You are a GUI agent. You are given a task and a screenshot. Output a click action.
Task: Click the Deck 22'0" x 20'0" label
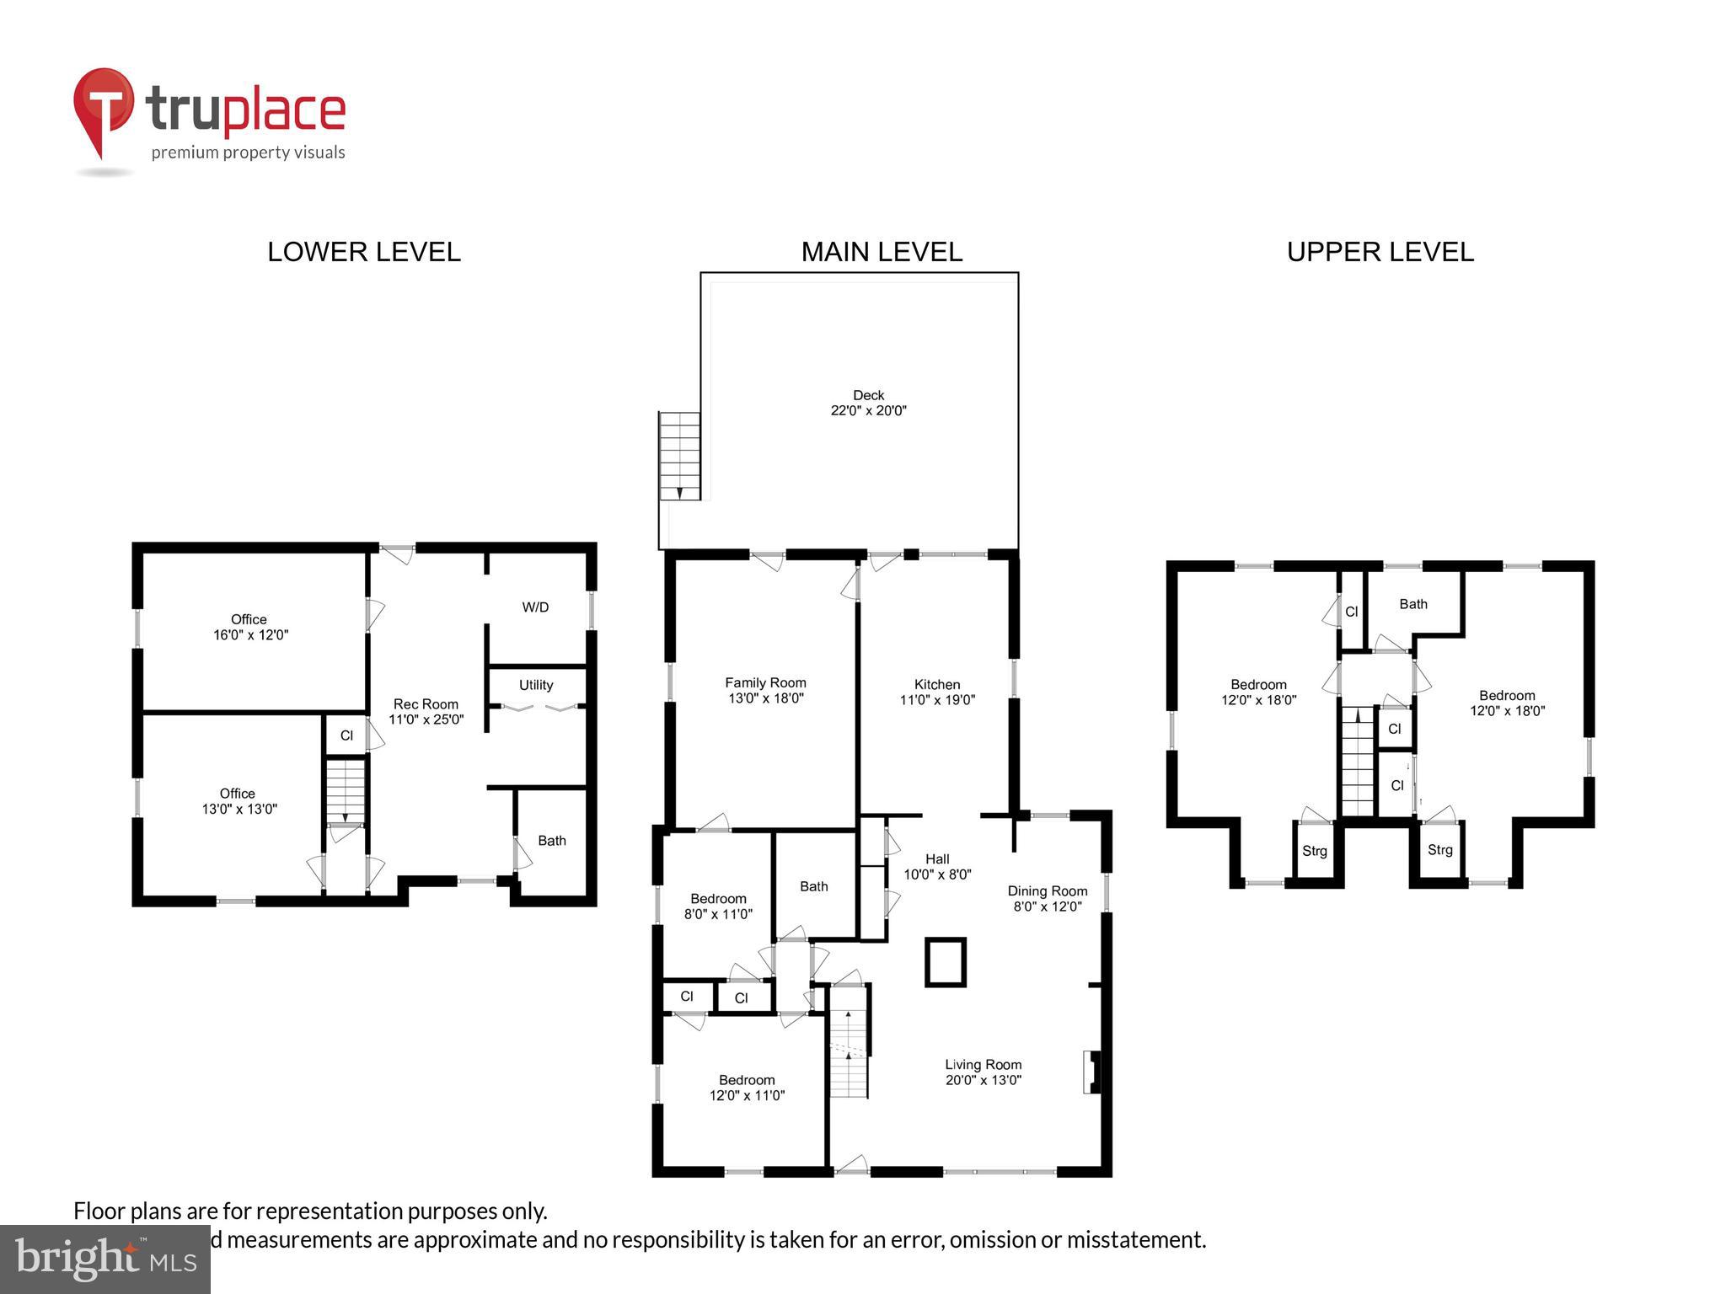(868, 403)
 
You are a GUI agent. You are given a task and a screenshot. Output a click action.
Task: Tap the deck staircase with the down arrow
(679, 456)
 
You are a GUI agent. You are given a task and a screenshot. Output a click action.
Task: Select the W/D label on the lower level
(535, 607)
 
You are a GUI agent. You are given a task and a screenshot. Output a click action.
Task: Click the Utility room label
(536, 685)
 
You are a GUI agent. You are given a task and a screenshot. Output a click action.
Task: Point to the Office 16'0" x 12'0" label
(250, 627)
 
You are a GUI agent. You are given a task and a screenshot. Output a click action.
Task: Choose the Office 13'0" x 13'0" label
(239, 801)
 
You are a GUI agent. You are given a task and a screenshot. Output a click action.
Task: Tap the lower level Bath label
(552, 841)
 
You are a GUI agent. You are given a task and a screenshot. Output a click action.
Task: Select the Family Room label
(765, 682)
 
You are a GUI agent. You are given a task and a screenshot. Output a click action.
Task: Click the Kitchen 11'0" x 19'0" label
(937, 692)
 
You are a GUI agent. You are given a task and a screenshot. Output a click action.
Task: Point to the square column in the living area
(946, 962)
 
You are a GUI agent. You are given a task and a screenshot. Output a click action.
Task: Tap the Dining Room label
(1048, 891)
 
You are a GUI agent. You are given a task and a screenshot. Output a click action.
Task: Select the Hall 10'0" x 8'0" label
(937, 867)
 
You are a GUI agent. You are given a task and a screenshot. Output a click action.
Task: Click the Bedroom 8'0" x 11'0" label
(718, 906)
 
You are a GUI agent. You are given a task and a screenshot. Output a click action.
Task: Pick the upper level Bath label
(1413, 604)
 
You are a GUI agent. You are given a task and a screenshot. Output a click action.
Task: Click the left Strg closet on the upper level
(1315, 851)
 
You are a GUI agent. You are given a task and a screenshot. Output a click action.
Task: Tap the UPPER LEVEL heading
(1380, 252)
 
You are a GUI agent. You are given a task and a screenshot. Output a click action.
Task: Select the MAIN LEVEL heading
(882, 252)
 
